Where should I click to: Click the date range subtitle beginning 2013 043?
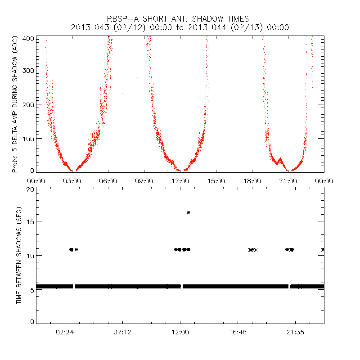coord(180,27)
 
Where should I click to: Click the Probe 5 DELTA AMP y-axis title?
coord(15,104)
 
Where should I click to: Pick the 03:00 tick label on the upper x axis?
coord(72,181)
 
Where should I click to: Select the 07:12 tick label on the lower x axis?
coord(122,333)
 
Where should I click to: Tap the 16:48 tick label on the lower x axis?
coord(238,333)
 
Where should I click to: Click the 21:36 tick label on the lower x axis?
coord(295,333)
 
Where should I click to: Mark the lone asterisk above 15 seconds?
coord(188,212)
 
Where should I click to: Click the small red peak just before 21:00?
coord(280,158)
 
